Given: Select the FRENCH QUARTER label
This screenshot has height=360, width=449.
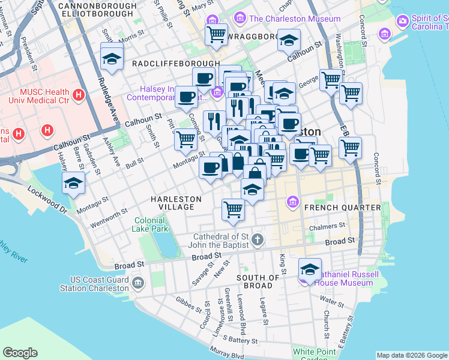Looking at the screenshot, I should tap(342, 208).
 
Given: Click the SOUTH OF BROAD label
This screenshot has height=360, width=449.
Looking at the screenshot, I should tap(258, 282).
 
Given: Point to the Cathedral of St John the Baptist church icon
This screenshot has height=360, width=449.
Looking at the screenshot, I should tap(257, 241).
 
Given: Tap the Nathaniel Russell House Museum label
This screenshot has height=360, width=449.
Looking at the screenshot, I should tap(345, 278).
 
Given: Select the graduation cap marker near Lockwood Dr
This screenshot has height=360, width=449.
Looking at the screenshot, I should tap(73, 183).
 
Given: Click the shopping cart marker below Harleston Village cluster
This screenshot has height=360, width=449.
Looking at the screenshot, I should tap(233, 209).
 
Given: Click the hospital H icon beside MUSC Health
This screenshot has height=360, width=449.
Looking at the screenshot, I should tap(77, 95).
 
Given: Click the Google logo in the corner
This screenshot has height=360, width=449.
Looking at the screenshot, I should tap(20, 353).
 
